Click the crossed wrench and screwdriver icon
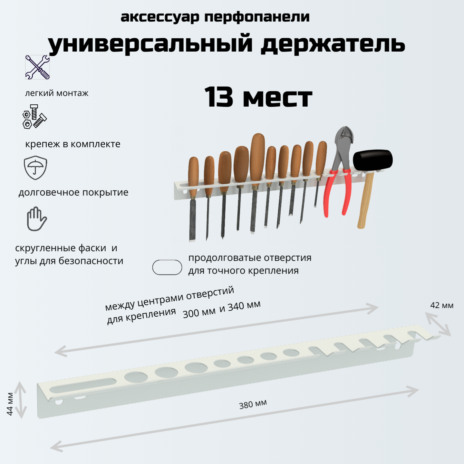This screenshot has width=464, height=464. pos(37,67)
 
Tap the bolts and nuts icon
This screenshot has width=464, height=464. pos(34,117)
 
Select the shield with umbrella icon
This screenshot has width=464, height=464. pos(35,168)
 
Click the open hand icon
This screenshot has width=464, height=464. pos(36,219)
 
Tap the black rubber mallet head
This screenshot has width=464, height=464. pos(372,160)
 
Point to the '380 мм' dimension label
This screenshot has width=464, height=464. pos(253,404)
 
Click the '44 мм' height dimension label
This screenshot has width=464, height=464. pos(10,404)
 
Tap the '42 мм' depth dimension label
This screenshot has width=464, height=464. pos(441,305)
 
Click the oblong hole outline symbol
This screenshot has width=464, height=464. pos(167,267)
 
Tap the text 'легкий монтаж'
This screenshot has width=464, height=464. pos(57,93)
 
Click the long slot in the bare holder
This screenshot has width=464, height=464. pos(83,385)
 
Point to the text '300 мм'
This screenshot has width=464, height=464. pos(199,313)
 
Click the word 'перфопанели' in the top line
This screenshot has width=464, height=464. pos(257,17)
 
